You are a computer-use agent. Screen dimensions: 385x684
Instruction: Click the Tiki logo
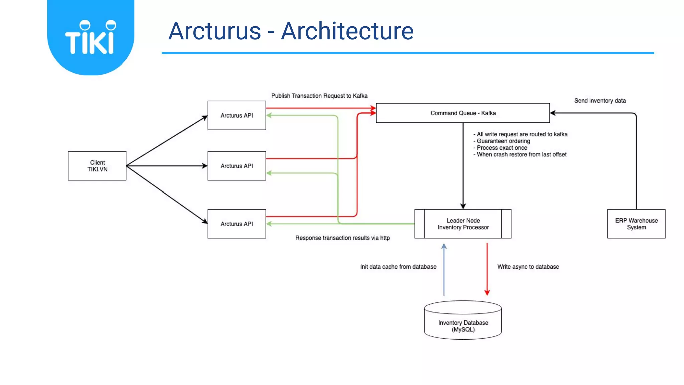91,37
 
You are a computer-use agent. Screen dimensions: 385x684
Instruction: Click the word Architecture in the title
347,31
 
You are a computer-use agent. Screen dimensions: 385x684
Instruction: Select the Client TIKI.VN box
97,166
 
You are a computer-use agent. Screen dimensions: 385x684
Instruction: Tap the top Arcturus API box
236,115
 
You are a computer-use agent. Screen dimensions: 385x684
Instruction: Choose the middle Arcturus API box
236,166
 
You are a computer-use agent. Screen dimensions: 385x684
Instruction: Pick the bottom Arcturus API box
236,224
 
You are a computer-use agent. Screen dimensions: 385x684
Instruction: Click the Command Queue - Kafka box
463,113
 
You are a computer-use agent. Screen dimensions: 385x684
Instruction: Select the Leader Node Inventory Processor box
463,224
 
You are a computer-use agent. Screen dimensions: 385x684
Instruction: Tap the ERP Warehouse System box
636,224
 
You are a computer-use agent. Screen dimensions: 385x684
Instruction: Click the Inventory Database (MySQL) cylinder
463,323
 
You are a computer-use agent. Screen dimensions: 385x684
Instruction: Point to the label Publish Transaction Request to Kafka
319,96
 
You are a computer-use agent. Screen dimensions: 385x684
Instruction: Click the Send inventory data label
600,101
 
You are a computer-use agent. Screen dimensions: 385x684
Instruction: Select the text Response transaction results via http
342,238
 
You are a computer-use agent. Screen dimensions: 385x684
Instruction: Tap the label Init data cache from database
398,267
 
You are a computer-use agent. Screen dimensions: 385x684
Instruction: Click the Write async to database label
528,267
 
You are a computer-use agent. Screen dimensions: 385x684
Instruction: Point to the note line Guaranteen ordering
503,141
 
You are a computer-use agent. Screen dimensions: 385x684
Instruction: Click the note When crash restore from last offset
521,154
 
